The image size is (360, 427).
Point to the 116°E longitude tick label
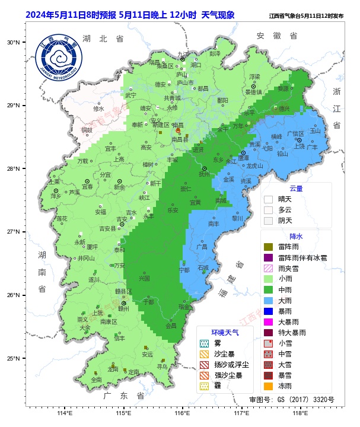coord(182,413)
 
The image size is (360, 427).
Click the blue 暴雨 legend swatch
coord(268,311)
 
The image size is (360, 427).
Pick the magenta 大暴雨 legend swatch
coord(268,321)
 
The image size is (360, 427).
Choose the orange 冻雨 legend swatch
coord(268,386)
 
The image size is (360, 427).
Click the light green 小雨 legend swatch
coord(268,279)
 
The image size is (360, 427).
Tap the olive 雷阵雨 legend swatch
coord(268,247)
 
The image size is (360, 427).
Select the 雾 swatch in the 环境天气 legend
coord(204,343)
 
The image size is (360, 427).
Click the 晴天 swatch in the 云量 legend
coord(268,199)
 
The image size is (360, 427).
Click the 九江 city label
coord(183,54)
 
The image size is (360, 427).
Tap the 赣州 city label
coord(123,308)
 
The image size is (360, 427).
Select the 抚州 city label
coord(204,174)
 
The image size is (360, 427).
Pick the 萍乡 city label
coord(56,196)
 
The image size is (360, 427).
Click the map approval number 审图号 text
coord(291,400)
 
